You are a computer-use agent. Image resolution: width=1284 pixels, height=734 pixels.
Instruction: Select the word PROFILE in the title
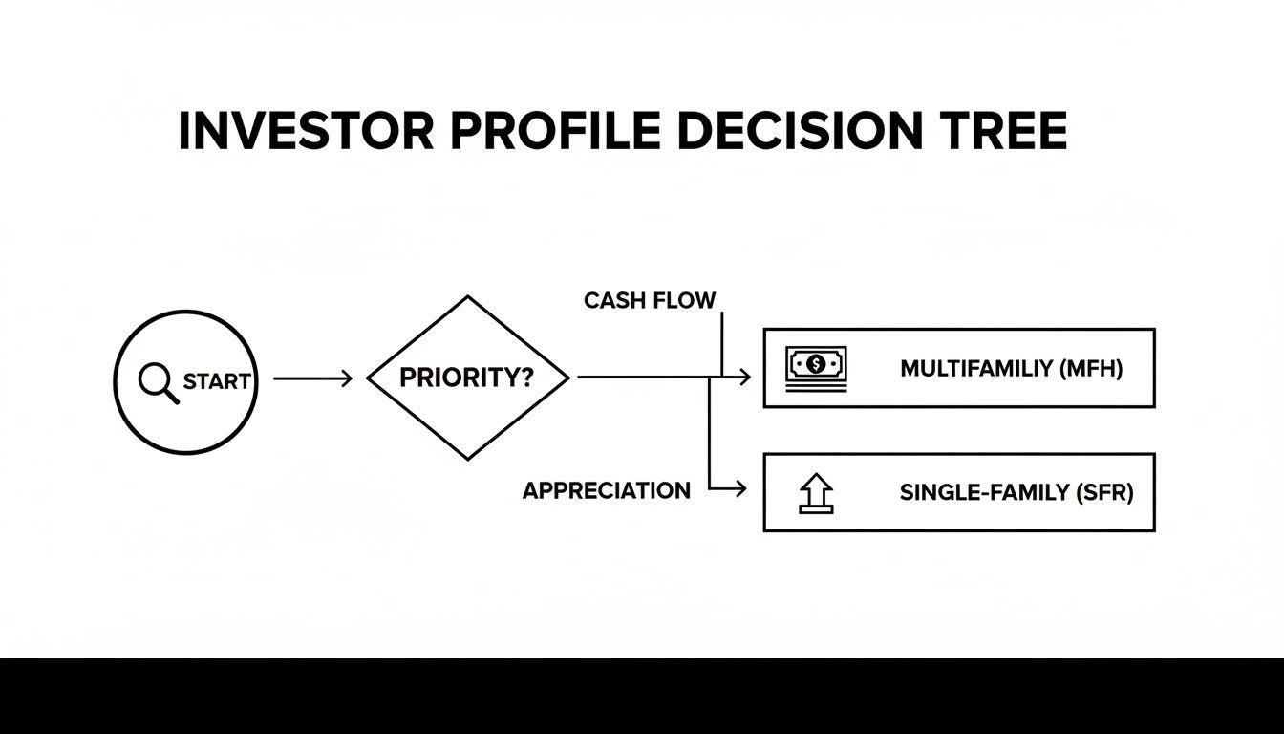point(555,131)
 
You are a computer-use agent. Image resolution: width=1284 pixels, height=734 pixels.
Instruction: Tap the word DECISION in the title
point(797,131)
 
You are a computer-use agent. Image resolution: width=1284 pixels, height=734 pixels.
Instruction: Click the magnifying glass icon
point(158,382)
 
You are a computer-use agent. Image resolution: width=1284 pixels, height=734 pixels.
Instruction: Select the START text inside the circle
point(217,381)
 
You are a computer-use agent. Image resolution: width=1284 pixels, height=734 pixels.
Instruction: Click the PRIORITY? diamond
point(467,378)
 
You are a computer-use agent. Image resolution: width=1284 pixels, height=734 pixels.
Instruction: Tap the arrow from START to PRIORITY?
point(312,378)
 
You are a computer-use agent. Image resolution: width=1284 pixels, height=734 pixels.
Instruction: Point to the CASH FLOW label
point(650,300)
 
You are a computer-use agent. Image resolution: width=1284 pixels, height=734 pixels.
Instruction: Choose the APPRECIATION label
point(606,491)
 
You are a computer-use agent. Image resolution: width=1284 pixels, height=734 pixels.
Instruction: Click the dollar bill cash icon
point(816,367)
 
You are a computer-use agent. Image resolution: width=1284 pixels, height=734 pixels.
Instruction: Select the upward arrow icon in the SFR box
point(815,493)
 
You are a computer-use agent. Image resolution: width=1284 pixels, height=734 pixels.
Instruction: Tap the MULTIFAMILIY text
point(975,368)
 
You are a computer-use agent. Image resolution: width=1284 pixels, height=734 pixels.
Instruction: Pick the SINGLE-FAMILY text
point(984,493)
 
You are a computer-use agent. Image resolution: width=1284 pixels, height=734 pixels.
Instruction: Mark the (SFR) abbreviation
point(1103,493)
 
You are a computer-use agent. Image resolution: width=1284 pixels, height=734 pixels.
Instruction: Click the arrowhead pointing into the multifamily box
point(745,378)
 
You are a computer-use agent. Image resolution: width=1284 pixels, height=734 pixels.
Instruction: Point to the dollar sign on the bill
point(816,363)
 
